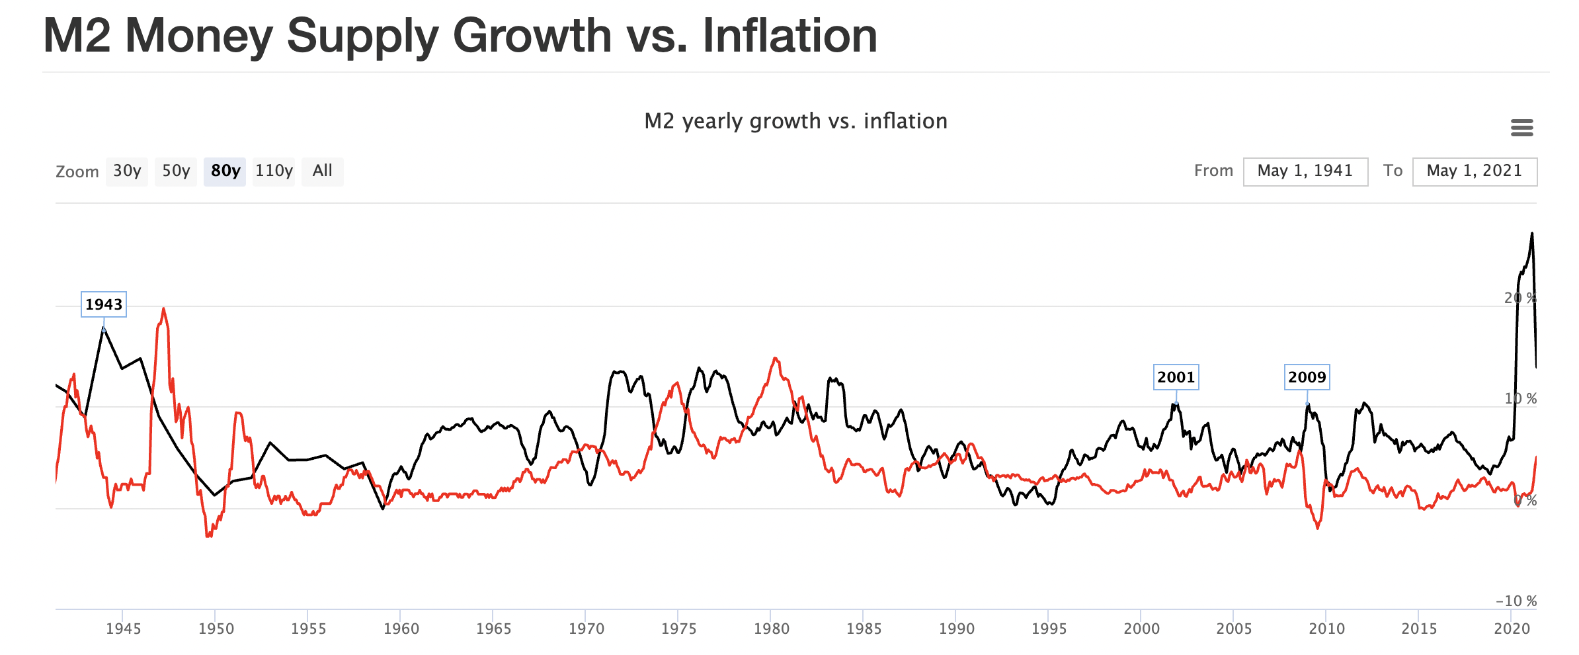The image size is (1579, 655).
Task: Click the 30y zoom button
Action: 127,171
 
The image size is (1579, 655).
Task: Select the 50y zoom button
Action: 176,171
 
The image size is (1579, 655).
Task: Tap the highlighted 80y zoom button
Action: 225,171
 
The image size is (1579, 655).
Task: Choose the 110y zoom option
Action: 274,171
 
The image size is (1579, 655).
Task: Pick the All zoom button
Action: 322,171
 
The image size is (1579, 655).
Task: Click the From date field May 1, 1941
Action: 1305,171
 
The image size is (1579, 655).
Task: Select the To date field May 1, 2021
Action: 1475,171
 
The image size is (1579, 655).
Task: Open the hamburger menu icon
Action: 1521,127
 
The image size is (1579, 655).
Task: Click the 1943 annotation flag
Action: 104,304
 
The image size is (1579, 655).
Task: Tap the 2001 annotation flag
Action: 1176,377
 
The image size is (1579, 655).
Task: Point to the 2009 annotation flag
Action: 1307,377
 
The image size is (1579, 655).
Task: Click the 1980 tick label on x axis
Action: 771,629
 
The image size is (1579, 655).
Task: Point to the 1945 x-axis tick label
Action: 124,629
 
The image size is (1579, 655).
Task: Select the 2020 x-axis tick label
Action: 1512,629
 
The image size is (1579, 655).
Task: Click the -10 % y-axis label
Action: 1516,601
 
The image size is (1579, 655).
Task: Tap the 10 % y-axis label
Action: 1520,398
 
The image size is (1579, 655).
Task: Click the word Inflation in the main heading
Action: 789,36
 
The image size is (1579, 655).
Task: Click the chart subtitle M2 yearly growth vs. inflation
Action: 795,121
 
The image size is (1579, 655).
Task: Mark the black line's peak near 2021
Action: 1531,234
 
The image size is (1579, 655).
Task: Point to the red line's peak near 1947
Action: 163,308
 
